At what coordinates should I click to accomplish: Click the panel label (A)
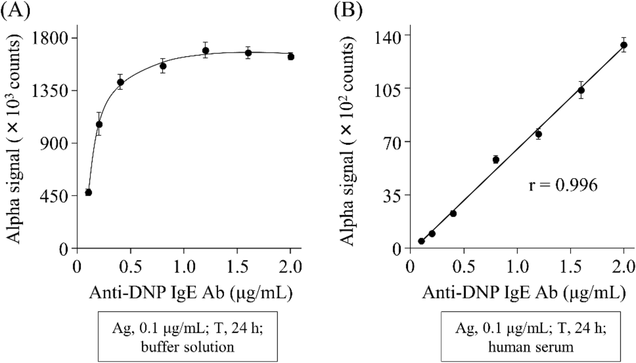(x=16, y=10)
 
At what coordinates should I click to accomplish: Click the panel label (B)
(x=348, y=10)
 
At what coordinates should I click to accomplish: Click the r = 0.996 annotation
(x=563, y=185)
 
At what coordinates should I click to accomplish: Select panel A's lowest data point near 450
(x=88, y=193)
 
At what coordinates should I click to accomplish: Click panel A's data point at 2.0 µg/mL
(x=291, y=56)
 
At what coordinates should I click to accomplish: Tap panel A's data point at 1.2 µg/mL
(x=205, y=50)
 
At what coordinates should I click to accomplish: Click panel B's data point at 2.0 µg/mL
(x=624, y=45)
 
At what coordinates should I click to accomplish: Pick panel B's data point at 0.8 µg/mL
(x=495, y=159)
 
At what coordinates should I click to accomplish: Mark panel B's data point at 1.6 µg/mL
(x=581, y=90)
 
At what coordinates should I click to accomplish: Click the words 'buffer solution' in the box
(x=187, y=347)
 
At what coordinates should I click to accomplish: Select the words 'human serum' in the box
(x=530, y=347)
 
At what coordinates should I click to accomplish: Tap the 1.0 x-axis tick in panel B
(x=517, y=267)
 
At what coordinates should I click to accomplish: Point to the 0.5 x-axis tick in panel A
(x=130, y=267)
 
